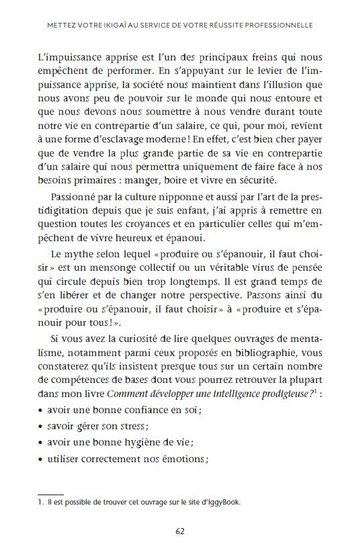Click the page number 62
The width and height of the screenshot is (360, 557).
(x=180, y=530)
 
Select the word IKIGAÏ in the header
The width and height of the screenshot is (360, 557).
(x=109, y=26)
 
